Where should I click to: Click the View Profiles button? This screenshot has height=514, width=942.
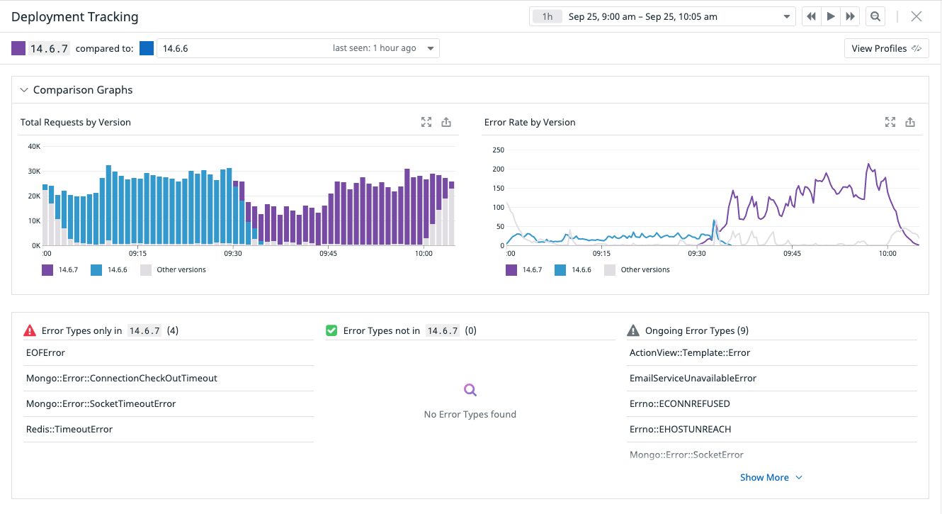886,48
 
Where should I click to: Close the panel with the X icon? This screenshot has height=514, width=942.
917,16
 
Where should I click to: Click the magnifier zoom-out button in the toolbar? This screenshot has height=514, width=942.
875,16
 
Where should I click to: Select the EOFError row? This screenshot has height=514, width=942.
45,352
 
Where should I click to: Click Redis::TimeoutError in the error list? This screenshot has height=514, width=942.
69,429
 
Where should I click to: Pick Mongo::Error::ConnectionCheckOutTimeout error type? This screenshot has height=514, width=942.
121,378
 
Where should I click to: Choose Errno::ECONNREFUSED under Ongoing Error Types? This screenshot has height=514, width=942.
679,403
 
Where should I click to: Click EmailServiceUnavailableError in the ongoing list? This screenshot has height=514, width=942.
693,378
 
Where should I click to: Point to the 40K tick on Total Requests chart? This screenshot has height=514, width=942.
34,146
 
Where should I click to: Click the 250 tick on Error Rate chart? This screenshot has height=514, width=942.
497,150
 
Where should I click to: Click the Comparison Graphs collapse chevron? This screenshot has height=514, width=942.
24,90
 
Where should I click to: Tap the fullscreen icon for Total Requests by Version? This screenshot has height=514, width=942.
426,122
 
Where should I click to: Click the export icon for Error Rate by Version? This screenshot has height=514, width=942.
910,122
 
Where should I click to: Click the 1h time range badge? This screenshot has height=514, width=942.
547,16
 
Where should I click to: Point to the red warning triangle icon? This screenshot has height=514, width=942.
30,330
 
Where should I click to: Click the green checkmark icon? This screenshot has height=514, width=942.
331,330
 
